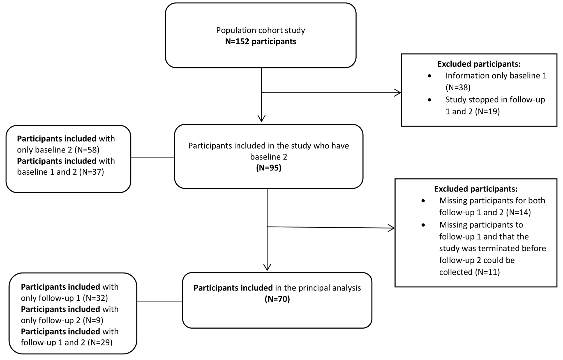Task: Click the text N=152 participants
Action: pos(261,42)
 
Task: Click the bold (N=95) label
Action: pos(269,168)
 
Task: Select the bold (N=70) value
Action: pos(277,299)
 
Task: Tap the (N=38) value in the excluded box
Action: pos(458,88)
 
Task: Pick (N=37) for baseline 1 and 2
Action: pos(91,172)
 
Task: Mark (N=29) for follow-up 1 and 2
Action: pos(100,342)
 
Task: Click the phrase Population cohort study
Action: pos(260,30)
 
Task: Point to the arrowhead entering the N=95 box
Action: pos(261,119)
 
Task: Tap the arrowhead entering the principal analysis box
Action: pos(267,267)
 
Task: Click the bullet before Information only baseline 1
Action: pos(430,76)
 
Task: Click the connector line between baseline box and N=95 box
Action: pos(153,157)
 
